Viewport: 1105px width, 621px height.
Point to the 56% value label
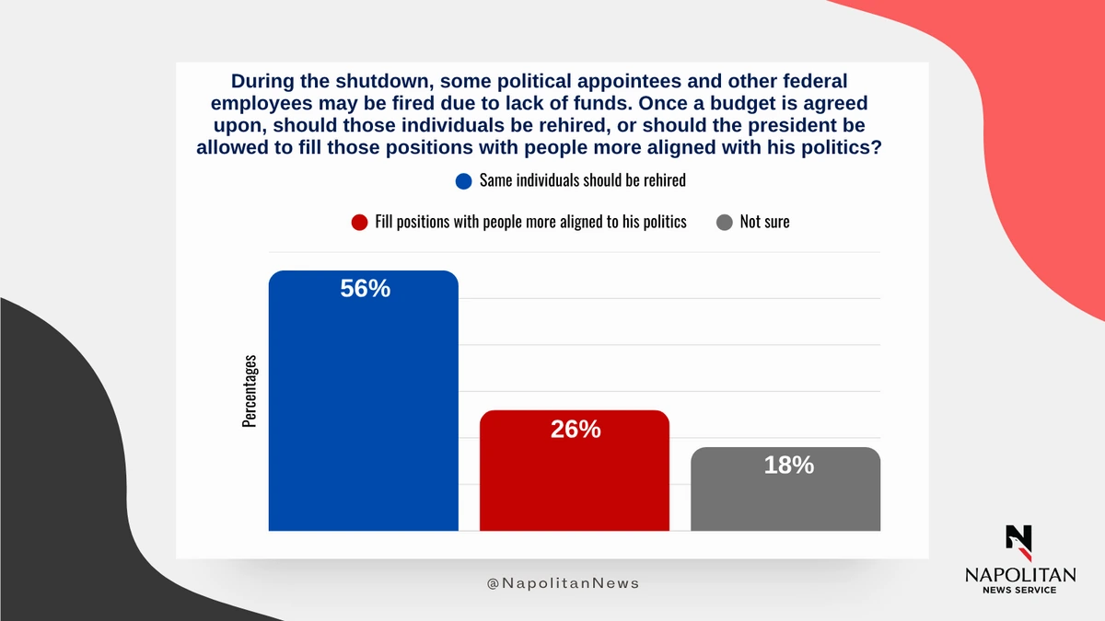pos(366,289)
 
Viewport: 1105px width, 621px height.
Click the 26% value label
pos(576,429)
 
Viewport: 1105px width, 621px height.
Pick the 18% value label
pos(788,466)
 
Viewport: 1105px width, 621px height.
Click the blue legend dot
pos(464,181)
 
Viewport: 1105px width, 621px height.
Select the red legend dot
pos(360,223)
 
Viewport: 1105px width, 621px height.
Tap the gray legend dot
pos(725,223)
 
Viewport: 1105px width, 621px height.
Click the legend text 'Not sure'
pos(764,222)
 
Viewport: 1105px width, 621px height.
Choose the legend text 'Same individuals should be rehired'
pos(583,180)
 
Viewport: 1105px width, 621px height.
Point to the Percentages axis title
pos(250,391)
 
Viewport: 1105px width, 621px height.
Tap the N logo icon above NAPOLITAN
pos(1019,540)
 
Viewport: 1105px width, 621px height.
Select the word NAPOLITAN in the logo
pos(1019,574)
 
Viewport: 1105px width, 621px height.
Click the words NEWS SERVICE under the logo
pos(1019,591)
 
